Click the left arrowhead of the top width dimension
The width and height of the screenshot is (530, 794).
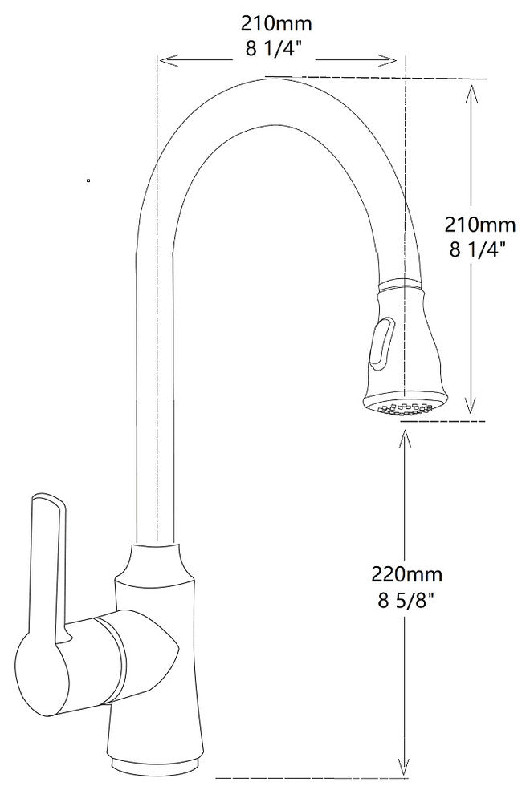(163, 59)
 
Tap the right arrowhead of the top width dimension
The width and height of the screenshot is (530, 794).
(393, 59)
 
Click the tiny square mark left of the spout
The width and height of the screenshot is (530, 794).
(88, 181)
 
